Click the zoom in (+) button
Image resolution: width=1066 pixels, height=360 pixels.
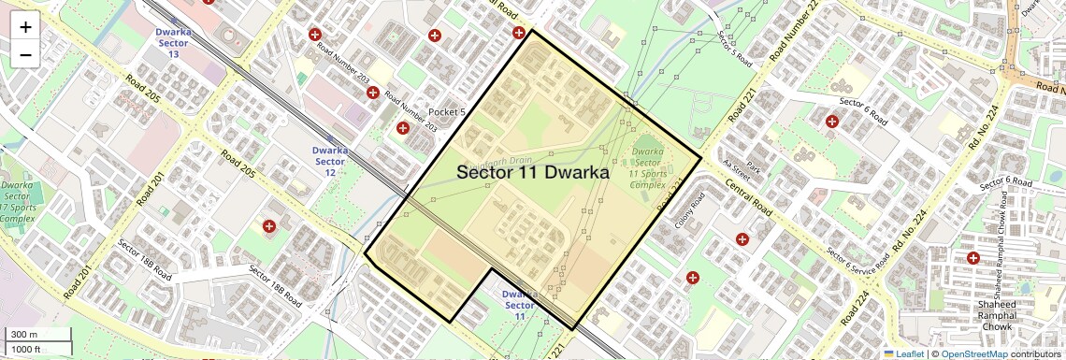point(25,27)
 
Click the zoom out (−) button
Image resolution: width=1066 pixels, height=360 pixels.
point(25,55)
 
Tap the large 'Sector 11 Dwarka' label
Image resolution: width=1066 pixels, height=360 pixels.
point(533,173)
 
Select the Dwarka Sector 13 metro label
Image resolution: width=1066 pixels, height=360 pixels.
point(173,42)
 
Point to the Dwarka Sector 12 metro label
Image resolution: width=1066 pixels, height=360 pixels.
point(330,161)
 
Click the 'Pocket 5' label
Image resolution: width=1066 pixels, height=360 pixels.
point(446,112)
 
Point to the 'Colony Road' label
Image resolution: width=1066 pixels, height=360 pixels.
point(690,210)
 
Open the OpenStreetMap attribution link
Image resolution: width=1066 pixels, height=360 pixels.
point(973,353)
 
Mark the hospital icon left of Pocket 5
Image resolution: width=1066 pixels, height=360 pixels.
point(402,128)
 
